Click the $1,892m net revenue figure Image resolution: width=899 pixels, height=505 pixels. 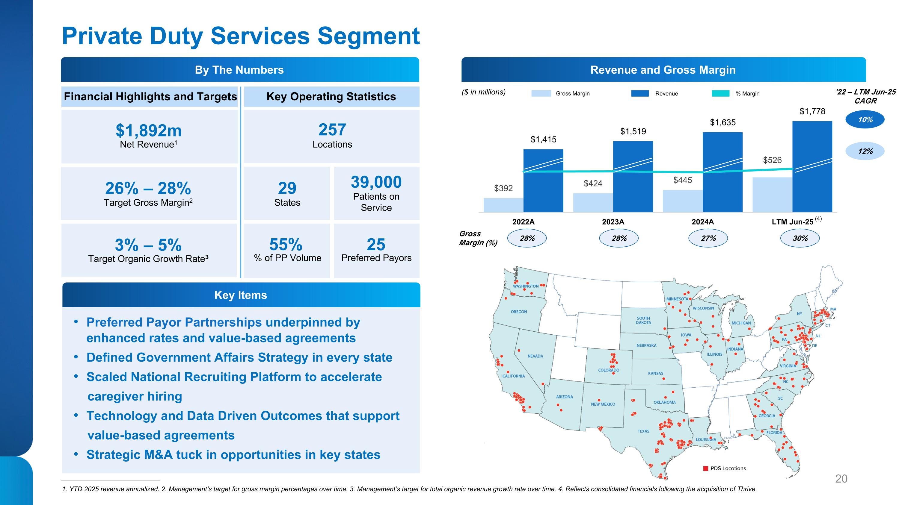pyautogui.click(x=149, y=131)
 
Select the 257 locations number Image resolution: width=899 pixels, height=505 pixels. pyautogui.click(x=332, y=130)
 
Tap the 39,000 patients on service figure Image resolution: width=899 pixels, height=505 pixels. pyautogui.click(x=376, y=182)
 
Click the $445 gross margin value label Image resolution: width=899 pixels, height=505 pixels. pyautogui.click(x=683, y=180)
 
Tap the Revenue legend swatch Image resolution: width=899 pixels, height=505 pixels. pyautogui.click(x=640, y=93)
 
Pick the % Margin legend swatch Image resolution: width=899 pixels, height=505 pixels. pyautogui.click(x=720, y=93)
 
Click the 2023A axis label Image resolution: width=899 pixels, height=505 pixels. pyautogui.click(x=613, y=222)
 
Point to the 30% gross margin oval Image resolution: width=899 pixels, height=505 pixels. pyautogui.click(x=800, y=238)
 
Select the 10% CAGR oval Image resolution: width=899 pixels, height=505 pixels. pyautogui.click(x=865, y=119)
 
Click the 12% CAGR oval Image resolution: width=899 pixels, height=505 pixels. pyautogui.click(x=865, y=151)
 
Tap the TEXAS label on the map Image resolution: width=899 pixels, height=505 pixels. pyautogui.click(x=644, y=431)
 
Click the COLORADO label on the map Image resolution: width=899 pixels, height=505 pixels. pyautogui.click(x=609, y=370)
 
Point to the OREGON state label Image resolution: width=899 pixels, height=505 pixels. pyautogui.click(x=519, y=312)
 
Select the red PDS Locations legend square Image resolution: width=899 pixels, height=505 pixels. pyautogui.click(x=706, y=468)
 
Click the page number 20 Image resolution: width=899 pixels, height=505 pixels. pyautogui.click(x=841, y=479)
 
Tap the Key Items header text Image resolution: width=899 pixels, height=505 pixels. pyautogui.click(x=240, y=295)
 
